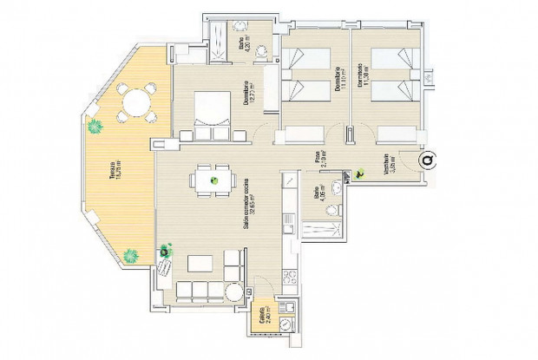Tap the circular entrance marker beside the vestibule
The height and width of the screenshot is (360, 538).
[427, 160]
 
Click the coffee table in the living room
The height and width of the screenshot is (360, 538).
[200, 262]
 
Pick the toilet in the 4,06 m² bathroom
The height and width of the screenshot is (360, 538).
[335, 210]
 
